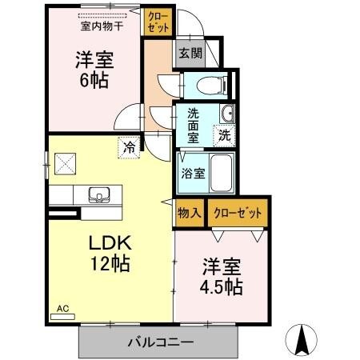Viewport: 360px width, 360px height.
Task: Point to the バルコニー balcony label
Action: coord(160,342)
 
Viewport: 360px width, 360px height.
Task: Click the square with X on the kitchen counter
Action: coord(65,163)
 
